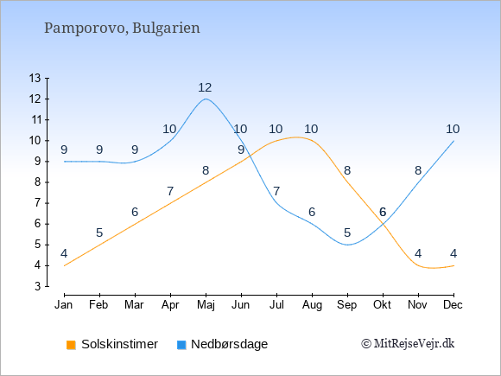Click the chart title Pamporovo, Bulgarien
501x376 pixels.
coord(122,29)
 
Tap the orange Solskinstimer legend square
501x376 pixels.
coord(71,345)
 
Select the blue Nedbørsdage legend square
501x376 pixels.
coord(181,345)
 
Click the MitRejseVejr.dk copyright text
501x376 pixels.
coord(408,344)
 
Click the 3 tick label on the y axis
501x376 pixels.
coord(38,286)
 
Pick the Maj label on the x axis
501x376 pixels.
coord(206,305)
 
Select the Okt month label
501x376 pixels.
coord(382,305)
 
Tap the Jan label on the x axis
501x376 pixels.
coord(64,305)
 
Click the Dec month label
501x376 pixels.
coord(453,305)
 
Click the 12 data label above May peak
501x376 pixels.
coord(205,87)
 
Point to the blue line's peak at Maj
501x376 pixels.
coord(206,99)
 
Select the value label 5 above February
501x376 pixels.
coord(99,233)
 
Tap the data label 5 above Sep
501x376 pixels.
coord(347,233)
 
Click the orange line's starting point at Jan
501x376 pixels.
coord(65,265)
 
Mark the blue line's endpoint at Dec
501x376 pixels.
coord(453,141)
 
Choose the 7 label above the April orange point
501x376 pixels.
coord(170,191)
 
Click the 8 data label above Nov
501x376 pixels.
coord(418,171)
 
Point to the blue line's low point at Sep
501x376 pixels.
coord(347,245)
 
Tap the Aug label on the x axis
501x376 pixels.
coord(312,305)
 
